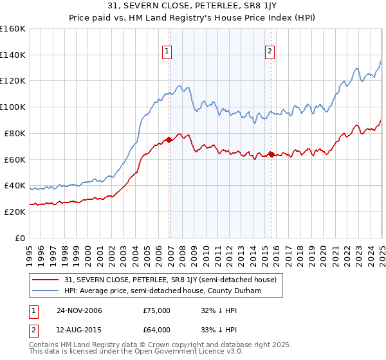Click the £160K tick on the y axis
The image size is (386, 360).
click(13, 29)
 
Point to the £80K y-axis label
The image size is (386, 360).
click(15, 133)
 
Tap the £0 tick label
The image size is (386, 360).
click(21, 238)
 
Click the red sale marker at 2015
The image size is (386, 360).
click(271, 154)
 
